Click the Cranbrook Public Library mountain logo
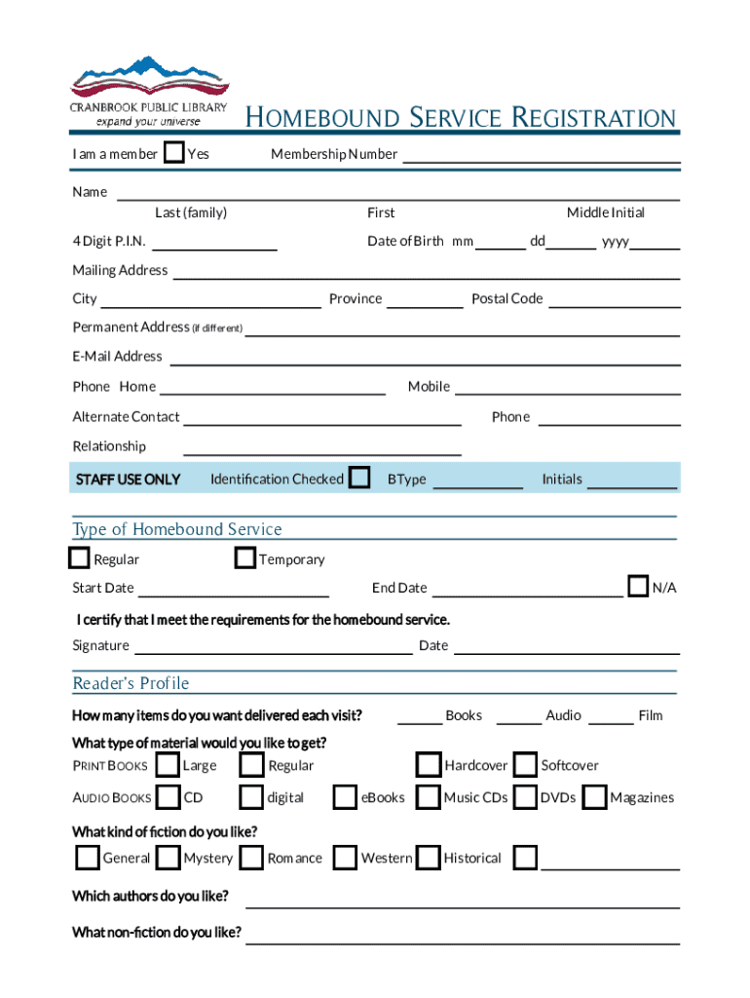click(x=148, y=82)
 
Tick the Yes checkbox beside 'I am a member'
click(x=173, y=153)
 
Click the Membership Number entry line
click(x=541, y=156)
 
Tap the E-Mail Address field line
click(x=424, y=359)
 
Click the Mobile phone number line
click(x=567, y=389)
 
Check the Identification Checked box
click(x=359, y=478)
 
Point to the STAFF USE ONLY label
click(x=128, y=480)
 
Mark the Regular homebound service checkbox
click(x=80, y=558)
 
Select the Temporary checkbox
click(x=244, y=558)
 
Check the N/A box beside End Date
click(x=638, y=587)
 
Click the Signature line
click(x=273, y=648)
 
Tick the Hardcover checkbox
click(x=428, y=764)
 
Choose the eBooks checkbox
click(x=345, y=797)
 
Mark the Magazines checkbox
click(x=594, y=797)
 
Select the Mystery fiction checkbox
click(x=169, y=858)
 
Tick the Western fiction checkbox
click(x=345, y=858)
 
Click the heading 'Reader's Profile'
click(x=131, y=683)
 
